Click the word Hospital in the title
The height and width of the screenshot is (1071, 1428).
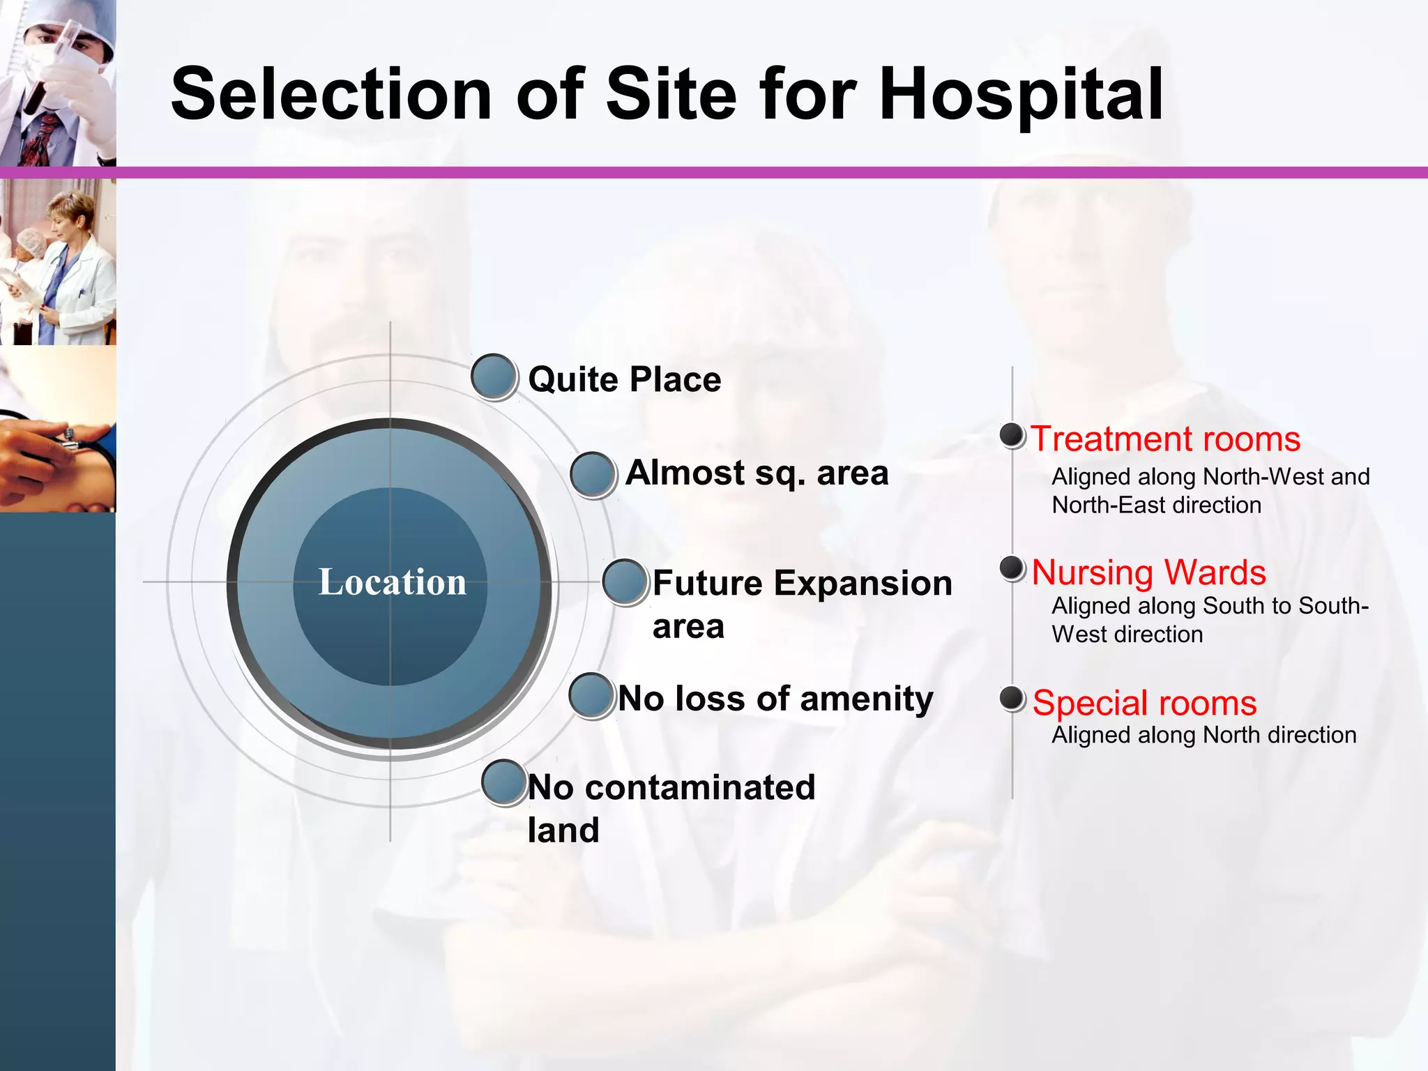1021,94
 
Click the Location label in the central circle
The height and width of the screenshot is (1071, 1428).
392,582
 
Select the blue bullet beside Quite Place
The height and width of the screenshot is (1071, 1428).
494,377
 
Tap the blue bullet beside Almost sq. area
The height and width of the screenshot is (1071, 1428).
592,474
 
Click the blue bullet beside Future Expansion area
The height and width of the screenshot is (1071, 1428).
625,582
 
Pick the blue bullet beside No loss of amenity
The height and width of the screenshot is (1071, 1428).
591,695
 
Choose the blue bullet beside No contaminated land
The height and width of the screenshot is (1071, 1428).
504,782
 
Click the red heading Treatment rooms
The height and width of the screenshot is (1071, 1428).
1165,439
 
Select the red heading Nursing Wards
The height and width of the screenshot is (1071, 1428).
1148,572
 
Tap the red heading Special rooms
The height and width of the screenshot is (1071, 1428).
1144,703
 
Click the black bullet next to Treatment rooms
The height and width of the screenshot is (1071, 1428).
1011,435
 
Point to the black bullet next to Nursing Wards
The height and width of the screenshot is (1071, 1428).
1011,568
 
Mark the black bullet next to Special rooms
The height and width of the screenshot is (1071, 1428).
1011,698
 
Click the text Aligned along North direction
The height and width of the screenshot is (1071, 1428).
1203,735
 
